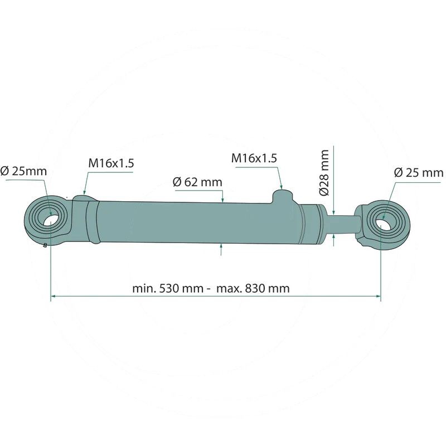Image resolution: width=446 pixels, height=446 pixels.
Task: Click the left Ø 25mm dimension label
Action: [x=23, y=171]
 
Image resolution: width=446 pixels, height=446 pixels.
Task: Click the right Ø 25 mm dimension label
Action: [x=418, y=172]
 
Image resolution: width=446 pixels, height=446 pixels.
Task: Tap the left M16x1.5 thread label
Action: [x=111, y=163]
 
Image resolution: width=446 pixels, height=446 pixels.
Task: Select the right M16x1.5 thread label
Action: [x=254, y=158]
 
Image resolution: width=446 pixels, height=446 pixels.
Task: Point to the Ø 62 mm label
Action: [x=197, y=182]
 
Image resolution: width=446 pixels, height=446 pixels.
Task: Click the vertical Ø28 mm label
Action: [x=325, y=172]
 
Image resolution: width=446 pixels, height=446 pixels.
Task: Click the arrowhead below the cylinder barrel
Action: [x=221, y=246]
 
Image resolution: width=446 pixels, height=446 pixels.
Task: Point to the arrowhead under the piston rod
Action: [x=333, y=238]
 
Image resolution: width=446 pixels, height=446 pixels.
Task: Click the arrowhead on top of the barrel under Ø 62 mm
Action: [x=222, y=199]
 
